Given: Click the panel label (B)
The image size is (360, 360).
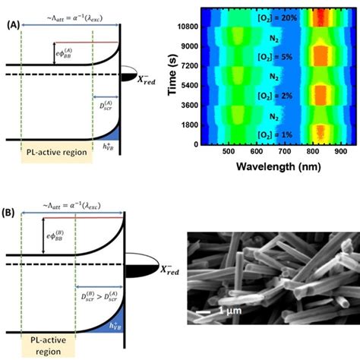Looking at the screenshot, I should pyautogui.click(x=14, y=203).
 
